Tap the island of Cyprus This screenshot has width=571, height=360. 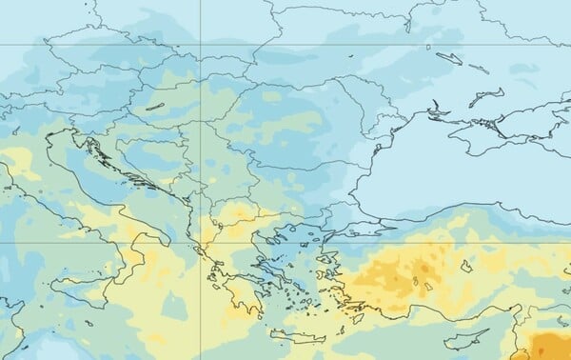click(467, 336)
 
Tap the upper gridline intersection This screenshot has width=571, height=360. click(200, 44)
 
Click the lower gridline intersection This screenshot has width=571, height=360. click(200, 242)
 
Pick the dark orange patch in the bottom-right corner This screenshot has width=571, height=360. click(550, 345)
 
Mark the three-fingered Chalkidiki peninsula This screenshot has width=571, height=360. click(277, 232)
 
